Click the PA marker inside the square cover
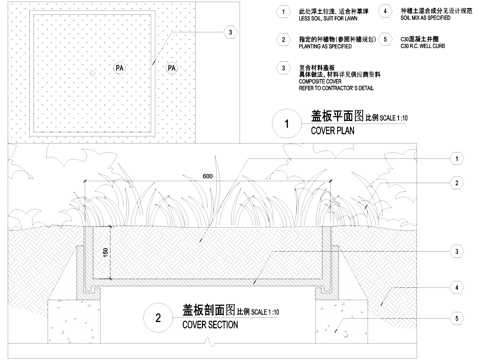click(119, 68)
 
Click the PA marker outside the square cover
click(171, 68)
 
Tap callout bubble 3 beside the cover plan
click(230, 32)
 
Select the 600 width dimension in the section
click(207, 177)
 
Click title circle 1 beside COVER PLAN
click(287, 125)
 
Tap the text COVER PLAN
click(334, 131)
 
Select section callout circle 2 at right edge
click(456, 183)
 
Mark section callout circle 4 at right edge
click(456, 288)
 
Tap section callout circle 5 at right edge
click(456, 319)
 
